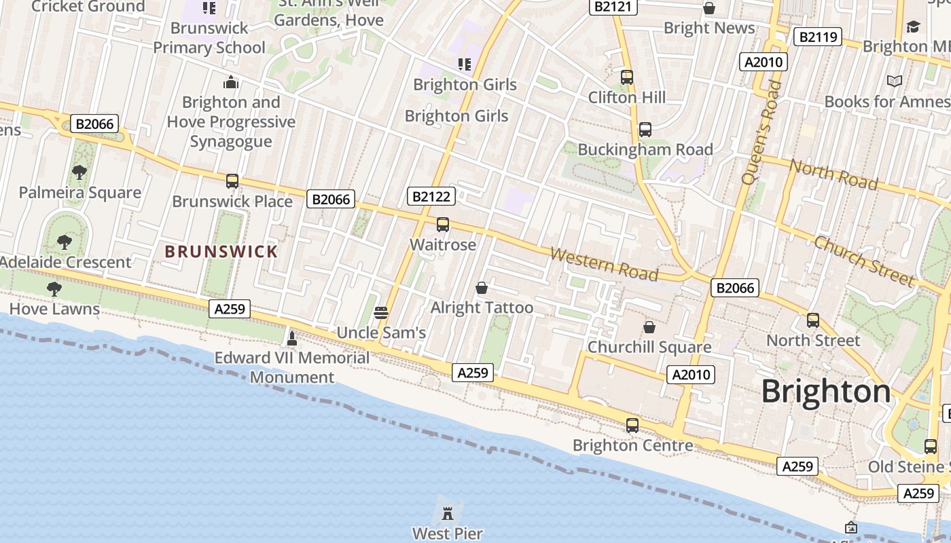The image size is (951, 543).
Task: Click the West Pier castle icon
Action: point(447,512)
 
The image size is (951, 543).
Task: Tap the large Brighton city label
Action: point(825,392)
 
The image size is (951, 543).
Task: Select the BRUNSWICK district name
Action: point(221,252)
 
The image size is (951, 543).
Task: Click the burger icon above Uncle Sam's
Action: point(381,312)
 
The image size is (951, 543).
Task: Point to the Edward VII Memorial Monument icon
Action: point(292,337)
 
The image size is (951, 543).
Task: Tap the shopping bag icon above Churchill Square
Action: point(649,327)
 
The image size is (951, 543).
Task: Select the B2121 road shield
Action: point(613,7)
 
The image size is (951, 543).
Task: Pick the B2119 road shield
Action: point(818,37)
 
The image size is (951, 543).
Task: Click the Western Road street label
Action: point(604,264)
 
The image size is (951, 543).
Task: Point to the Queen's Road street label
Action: point(761,132)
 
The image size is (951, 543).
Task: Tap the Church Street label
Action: point(864,261)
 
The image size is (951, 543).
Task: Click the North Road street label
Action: point(833,174)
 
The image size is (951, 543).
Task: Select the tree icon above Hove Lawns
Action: point(54,289)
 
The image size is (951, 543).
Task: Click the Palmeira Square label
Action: point(80,192)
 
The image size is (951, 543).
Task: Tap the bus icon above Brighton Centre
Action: point(632,426)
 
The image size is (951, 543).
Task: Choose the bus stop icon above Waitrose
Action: point(443,225)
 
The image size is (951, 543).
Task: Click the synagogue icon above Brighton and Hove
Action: point(232,83)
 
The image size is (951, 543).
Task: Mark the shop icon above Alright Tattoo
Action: point(482,288)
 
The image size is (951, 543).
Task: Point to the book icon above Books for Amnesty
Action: point(895,81)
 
